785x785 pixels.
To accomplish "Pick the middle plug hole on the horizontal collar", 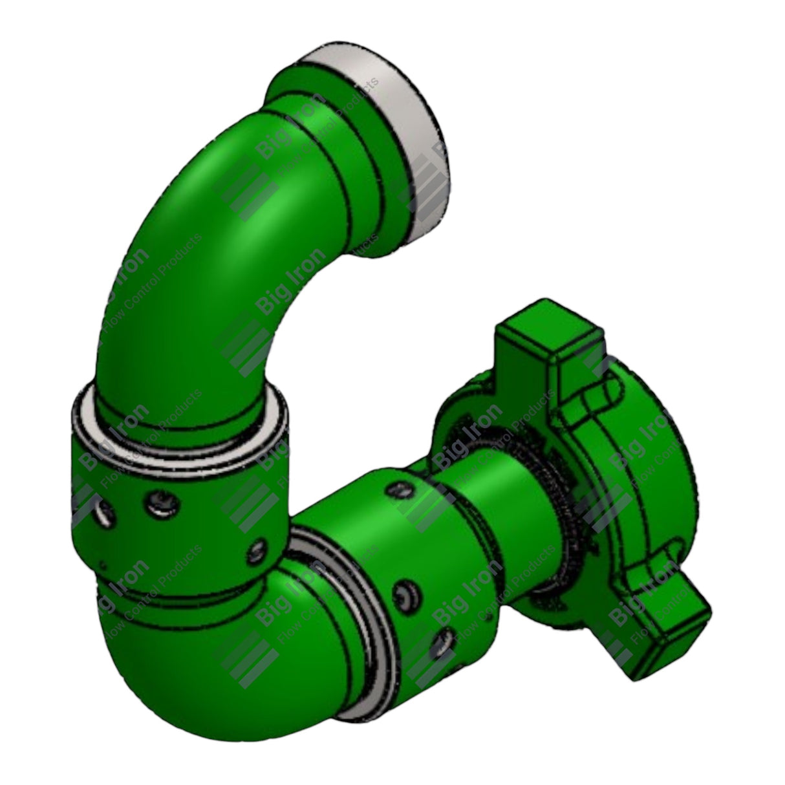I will [x=406, y=592].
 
